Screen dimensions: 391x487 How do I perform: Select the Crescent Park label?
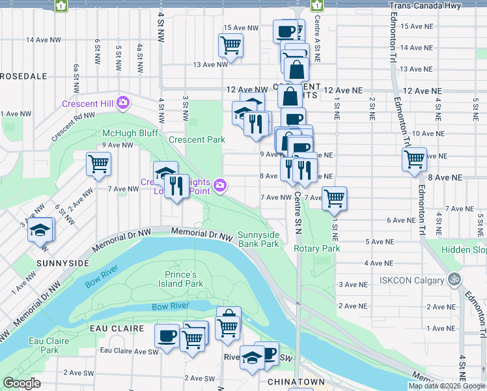(197, 139)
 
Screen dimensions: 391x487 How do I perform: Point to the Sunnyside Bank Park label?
(258, 239)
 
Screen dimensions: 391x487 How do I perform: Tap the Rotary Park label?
(317, 248)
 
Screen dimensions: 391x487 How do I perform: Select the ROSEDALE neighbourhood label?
(23, 76)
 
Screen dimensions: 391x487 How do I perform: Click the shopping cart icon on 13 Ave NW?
(230, 45)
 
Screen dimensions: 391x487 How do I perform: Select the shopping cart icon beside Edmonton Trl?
(414, 158)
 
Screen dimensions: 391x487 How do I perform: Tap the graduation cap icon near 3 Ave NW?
(41, 229)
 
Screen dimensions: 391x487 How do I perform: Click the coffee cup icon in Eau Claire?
(167, 336)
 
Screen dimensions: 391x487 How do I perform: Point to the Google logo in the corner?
(21, 383)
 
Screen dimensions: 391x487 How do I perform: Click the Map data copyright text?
(445, 386)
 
